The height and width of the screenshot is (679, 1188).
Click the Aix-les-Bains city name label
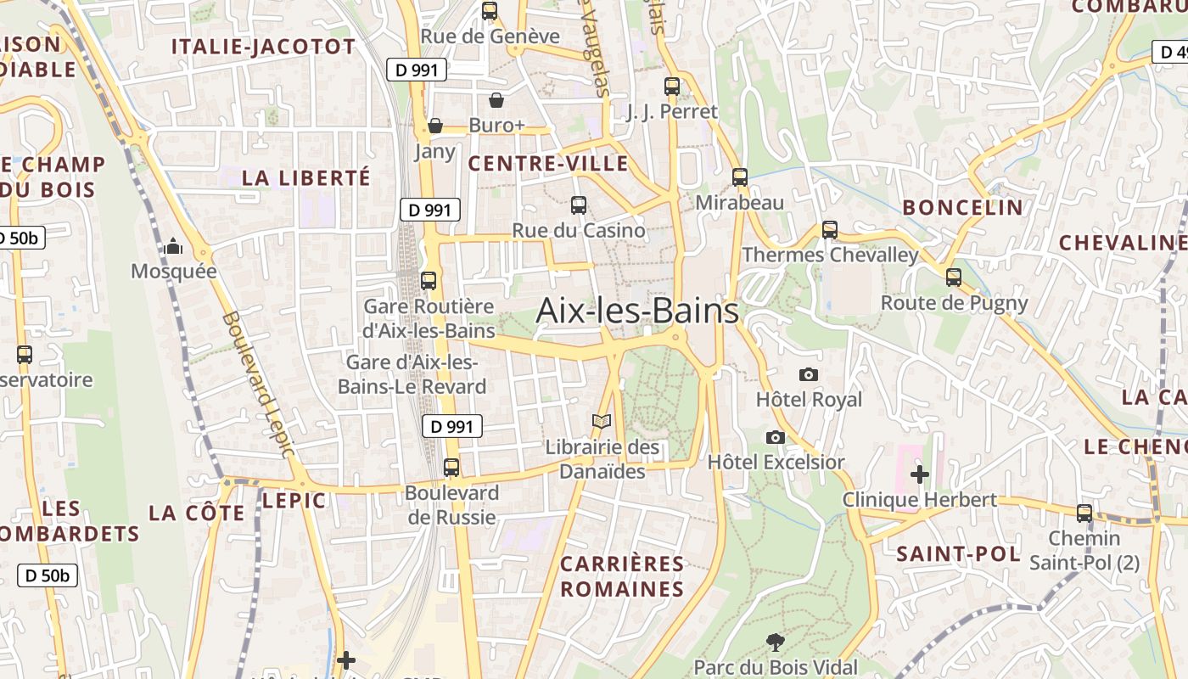(637, 311)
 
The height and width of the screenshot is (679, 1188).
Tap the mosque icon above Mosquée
(174, 247)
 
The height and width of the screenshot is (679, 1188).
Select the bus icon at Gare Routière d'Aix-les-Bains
(429, 280)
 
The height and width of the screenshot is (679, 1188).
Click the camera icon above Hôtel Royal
(809, 374)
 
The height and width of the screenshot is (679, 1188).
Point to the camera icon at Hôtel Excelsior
(775, 437)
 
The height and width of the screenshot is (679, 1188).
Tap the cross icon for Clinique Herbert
(919, 474)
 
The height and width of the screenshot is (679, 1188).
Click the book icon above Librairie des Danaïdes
(602, 421)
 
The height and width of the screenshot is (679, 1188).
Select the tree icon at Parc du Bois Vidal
(775, 642)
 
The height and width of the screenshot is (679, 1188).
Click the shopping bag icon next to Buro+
(496, 100)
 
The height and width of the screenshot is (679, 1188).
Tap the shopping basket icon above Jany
(435, 126)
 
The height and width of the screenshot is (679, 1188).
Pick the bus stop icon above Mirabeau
(740, 177)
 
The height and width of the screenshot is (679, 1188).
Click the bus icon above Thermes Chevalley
(830, 229)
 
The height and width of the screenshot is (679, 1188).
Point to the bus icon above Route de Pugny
(954, 277)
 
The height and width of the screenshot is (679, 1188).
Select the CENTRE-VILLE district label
(548, 164)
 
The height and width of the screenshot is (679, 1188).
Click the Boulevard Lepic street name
(257, 384)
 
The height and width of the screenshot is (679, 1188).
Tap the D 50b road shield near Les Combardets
(48, 575)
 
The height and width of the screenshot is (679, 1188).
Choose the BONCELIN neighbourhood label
(962, 207)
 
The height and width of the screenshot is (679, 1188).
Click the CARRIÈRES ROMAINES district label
(622, 576)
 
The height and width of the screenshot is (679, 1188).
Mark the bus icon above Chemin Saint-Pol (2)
(1084, 513)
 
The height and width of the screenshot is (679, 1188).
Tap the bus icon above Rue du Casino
(579, 205)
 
